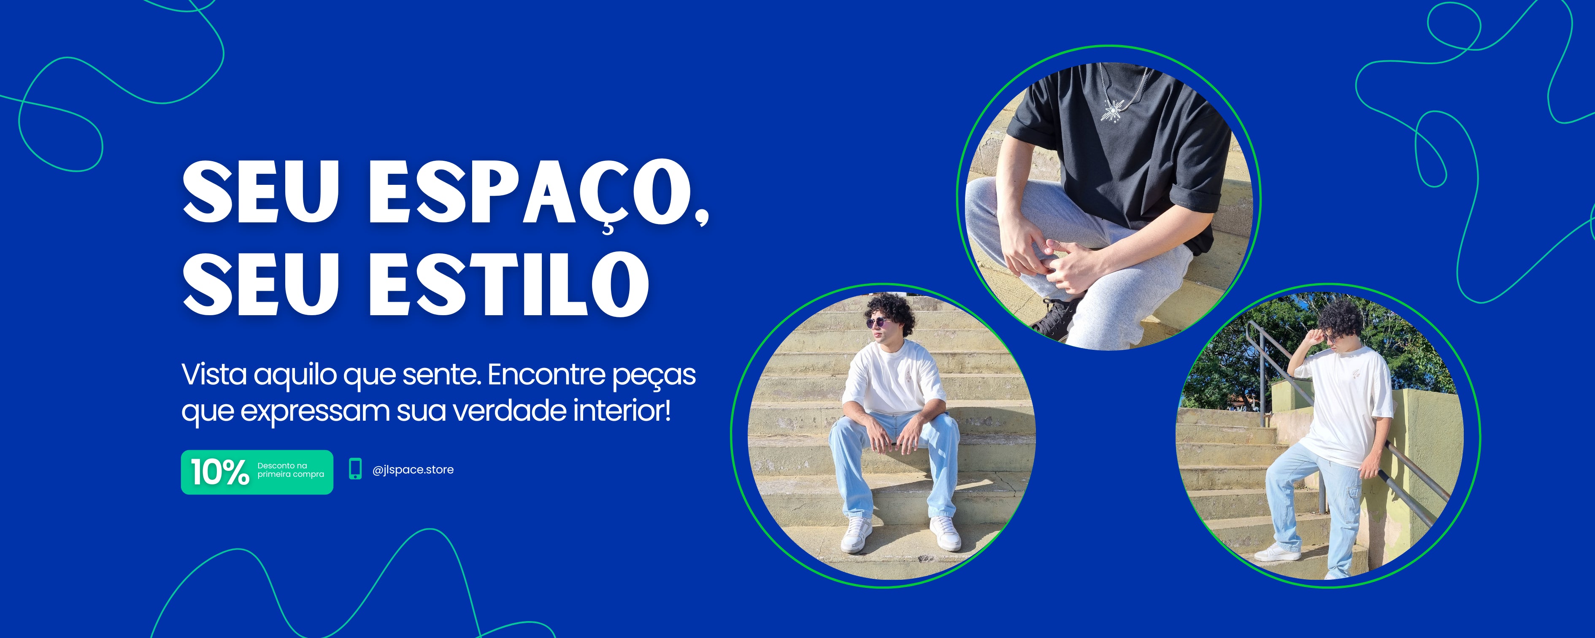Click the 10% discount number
220,472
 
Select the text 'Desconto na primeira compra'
290,470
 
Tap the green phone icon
355,469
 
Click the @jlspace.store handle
413,470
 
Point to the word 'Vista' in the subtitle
214,374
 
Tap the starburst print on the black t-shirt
1113,110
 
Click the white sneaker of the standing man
1277,552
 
